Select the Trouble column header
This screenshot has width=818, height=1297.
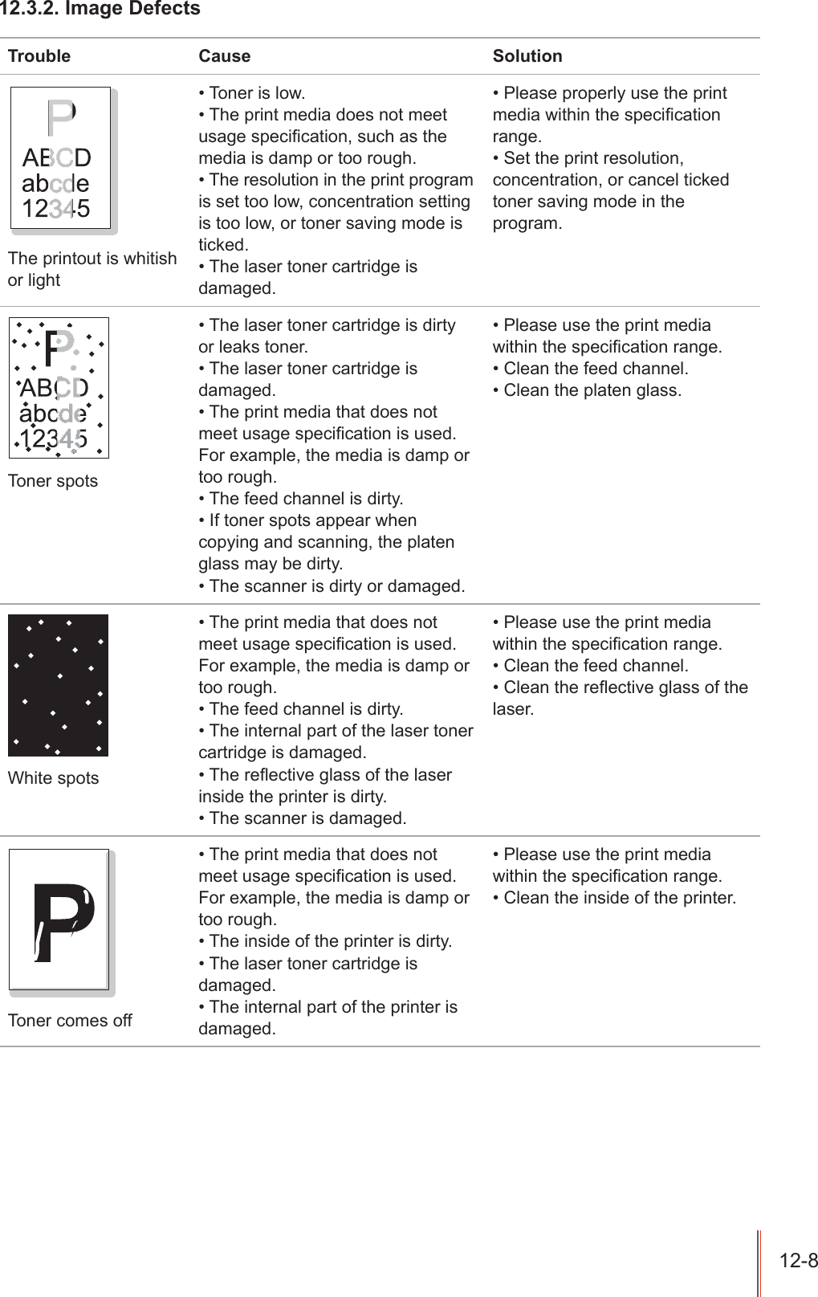pos(39,56)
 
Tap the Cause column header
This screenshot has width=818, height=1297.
pos(225,56)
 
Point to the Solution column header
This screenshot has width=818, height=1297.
pos(527,56)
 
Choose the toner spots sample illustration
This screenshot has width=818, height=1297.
pos(59,388)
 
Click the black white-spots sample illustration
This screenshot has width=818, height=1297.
pos(58,685)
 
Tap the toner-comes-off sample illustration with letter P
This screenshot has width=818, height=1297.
pos(59,920)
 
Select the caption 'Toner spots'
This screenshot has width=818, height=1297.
pos(53,481)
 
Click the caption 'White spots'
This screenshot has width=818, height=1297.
pos(54,778)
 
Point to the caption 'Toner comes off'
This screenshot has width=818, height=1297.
pos(70,1021)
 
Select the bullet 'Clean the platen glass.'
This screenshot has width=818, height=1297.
pos(588,391)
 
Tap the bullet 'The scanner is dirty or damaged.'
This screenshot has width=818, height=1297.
pos(332,586)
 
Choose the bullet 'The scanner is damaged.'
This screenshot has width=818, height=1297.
pos(303,819)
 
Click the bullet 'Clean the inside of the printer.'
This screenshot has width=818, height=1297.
pos(615,898)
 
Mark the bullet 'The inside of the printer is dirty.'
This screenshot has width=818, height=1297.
pos(326,941)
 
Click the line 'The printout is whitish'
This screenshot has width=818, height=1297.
pos(92,259)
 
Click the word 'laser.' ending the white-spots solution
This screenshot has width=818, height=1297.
pos(513,710)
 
